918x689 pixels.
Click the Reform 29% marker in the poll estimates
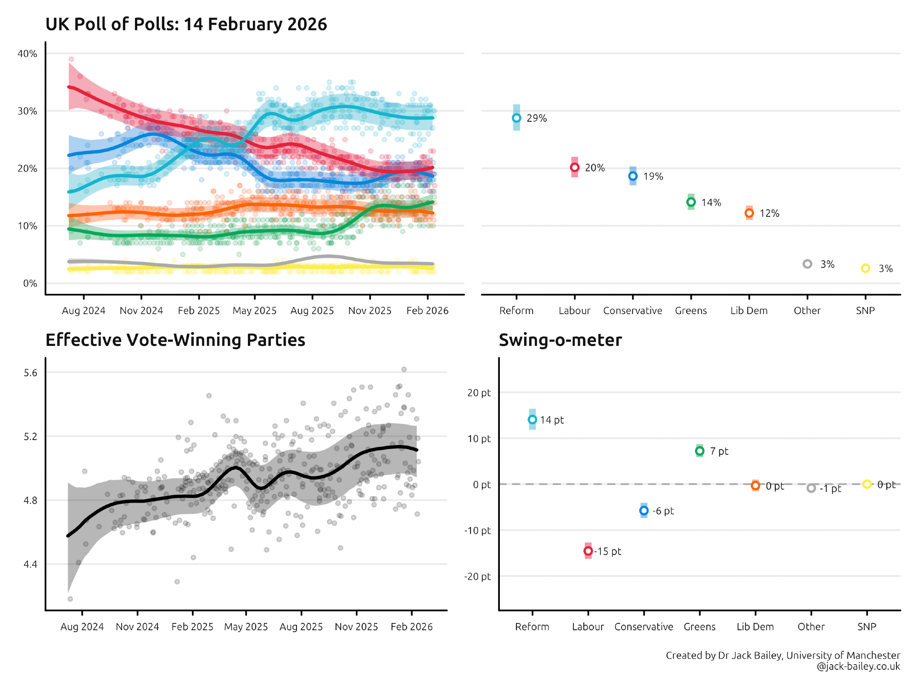516,118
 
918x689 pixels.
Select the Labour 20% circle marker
575,168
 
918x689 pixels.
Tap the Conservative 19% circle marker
633,176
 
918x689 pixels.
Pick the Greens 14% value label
711,203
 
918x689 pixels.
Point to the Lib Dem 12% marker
749,213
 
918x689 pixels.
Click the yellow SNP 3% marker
866,268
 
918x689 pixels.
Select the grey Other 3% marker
807,264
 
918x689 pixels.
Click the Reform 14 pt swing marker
532,419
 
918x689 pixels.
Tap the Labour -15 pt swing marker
588,551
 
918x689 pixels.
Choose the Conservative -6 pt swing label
663,511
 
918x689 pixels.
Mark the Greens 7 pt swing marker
700,451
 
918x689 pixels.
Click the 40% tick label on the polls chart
28,54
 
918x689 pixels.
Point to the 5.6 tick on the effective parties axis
31,373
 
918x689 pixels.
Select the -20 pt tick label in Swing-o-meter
477,576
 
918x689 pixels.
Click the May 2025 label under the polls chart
255,311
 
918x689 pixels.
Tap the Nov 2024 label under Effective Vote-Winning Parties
137,627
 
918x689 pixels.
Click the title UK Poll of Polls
186,24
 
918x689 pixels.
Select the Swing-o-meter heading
560,340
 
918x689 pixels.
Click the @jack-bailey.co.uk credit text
858,666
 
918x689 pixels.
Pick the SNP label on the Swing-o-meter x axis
867,627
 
